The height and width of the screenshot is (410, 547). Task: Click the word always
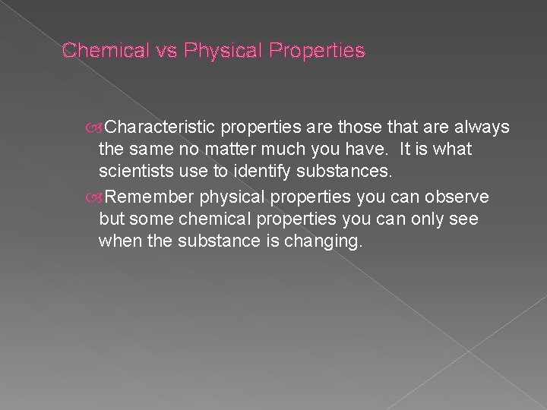click(484, 126)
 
